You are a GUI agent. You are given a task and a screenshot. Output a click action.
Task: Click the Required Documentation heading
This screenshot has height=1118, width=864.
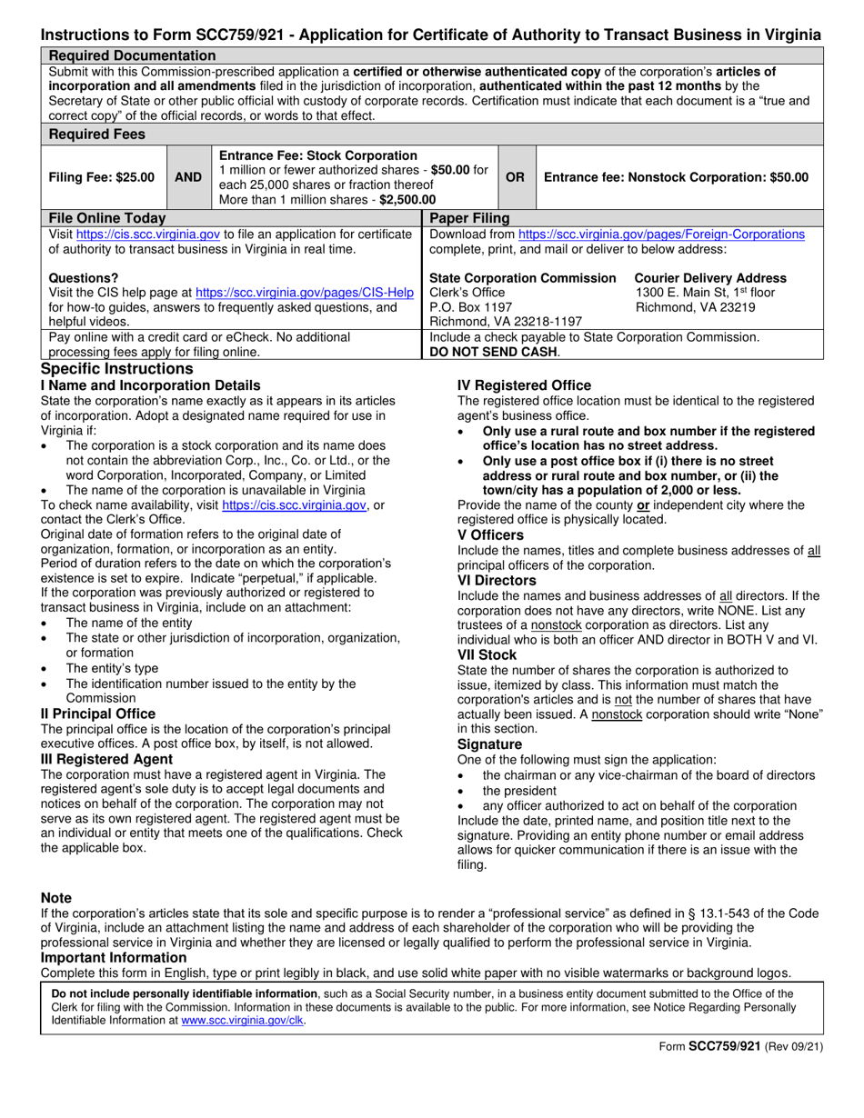(x=132, y=55)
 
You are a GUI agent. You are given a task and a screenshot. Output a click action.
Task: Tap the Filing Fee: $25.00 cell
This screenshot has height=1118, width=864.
(x=101, y=177)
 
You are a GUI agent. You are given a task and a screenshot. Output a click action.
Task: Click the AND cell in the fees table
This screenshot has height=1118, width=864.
(x=188, y=177)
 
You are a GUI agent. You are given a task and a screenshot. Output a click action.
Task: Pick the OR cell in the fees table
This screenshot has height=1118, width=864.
(x=515, y=177)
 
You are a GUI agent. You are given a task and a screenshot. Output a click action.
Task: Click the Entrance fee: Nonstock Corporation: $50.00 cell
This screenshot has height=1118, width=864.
(x=675, y=177)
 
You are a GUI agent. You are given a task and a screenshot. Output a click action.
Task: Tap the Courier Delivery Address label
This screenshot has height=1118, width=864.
(x=710, y=277)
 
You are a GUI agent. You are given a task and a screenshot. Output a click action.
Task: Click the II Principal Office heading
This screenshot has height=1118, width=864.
(x=98, y=714)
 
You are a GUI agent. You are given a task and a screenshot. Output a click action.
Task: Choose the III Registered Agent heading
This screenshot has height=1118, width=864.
(x=106, y=758)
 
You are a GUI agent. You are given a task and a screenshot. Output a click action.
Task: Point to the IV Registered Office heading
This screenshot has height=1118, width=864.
(x=524, y=385)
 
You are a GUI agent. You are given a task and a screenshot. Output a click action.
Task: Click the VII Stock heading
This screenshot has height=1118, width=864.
(x=487, y=654)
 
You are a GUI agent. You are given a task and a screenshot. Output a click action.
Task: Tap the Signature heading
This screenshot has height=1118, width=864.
(x=489, y=744)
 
